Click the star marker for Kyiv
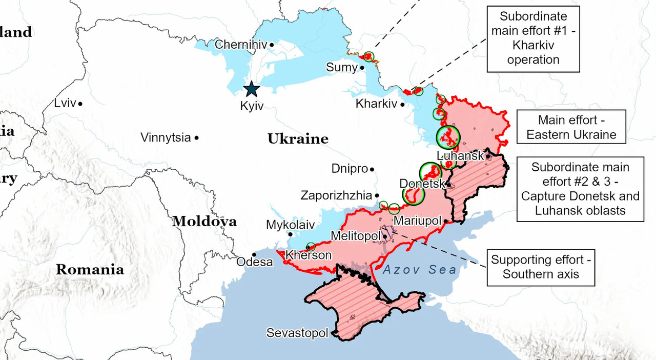pyautogui.click(x=251, y=89)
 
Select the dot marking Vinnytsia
pyautogui.click(x=197, y=137)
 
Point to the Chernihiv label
pyautogui.click(x=241, y=45)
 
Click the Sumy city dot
pyautogui.click(x=362, y=67)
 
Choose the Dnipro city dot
pyautogui.click(x=372, y=169)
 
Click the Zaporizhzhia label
pyautogui.click(x=336, y=195)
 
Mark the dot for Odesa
pyautogui.click(x=254, y=254)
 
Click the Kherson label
pyautogui.click(x=308, y=255)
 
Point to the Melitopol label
pyautogui.click(x=356, y=236)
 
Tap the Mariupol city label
pyautogui.click(x=417, y=221)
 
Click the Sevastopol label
pyautogui.click(x=297, y=333)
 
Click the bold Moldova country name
pyautogui.click(x=204, y=222)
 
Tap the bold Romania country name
pyautogui.click(x=90, y=269)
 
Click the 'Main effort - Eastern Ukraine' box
pyautogui.click(x=571, y=127)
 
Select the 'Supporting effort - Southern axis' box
pyautogui.click(x=541, y=267)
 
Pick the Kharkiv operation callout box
pyautogui.click(x=533, y=38)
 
